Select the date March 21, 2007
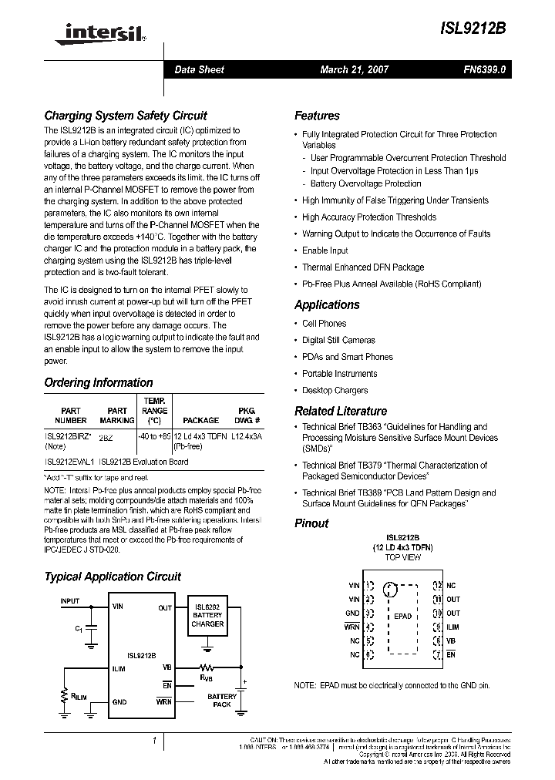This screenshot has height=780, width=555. point(355,69)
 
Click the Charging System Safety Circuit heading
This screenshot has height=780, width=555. point(125,116)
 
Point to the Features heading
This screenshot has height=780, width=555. point(317,116)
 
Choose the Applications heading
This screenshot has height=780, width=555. point(327,305)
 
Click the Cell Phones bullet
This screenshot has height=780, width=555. point(324,324)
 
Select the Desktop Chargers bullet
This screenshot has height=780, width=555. point(335,390)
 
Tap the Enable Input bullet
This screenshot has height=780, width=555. point(325,250)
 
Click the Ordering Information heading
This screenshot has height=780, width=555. point(99,382)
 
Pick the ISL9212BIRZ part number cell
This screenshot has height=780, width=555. point(69,436)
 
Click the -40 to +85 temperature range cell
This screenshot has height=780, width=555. point(154,436)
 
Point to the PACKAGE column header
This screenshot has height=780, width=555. point(200,421)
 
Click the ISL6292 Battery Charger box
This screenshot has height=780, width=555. point(207,616)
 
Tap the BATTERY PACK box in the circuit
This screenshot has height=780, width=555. point(222,701)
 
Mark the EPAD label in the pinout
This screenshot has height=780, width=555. point(402,616)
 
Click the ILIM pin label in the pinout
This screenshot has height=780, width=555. point(453,627)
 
